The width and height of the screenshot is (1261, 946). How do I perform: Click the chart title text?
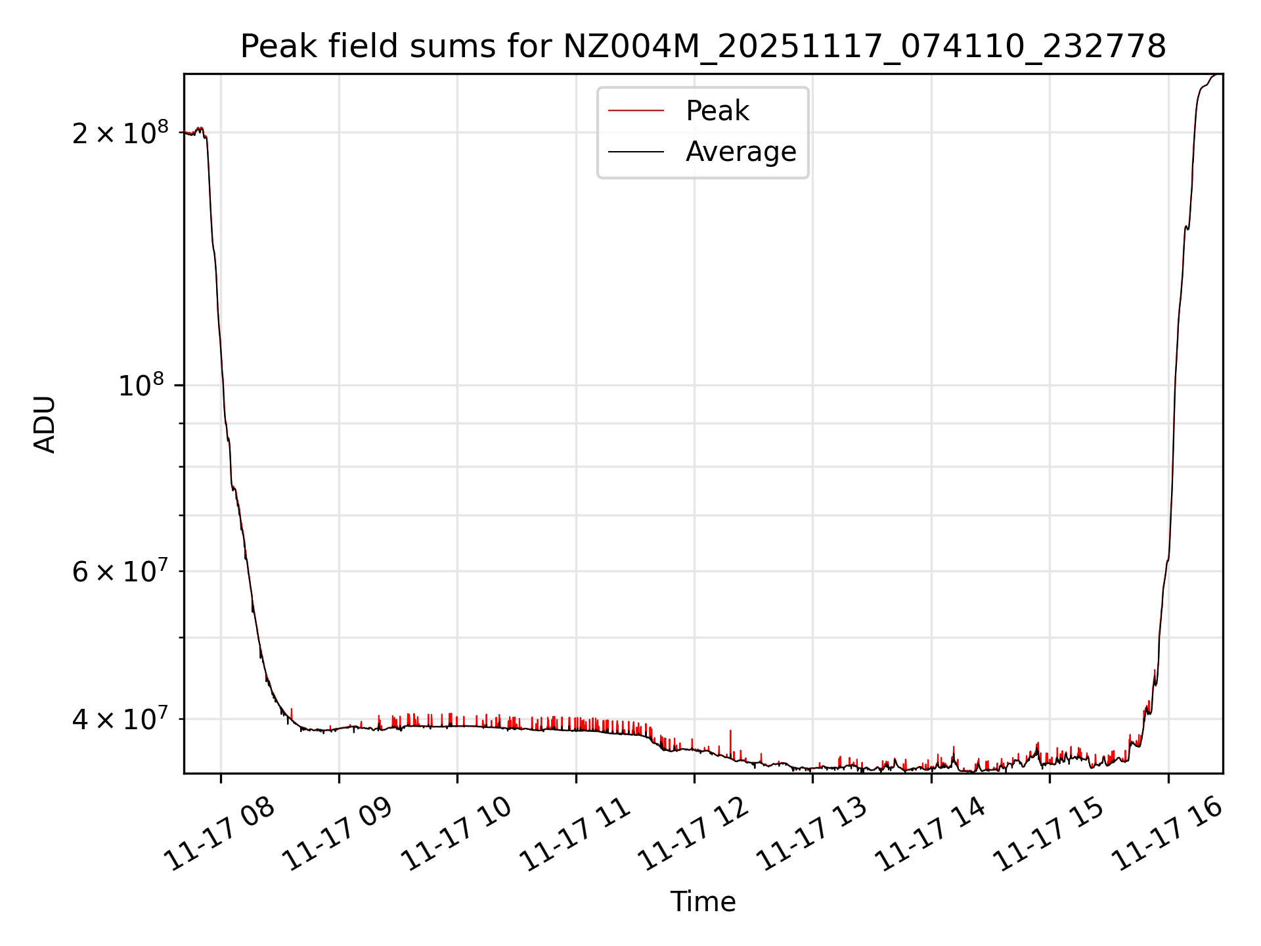(703, 47)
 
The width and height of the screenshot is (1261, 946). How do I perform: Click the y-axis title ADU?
(45, 424)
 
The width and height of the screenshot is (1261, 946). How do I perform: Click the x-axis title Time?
(703, 902)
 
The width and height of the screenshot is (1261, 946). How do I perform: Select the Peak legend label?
(717, 111)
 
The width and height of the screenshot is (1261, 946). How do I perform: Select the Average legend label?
(741, 152)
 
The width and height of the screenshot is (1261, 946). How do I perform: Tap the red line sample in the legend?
(636, 111)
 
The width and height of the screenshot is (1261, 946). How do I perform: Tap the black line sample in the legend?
(636, 152)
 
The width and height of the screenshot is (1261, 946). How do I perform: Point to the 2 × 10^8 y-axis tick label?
(120, 133)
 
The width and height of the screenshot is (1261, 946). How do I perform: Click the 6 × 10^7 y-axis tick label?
(120, 571)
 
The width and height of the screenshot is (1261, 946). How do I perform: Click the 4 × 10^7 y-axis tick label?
(120, 719)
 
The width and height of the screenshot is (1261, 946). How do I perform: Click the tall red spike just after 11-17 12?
(730, 739)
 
